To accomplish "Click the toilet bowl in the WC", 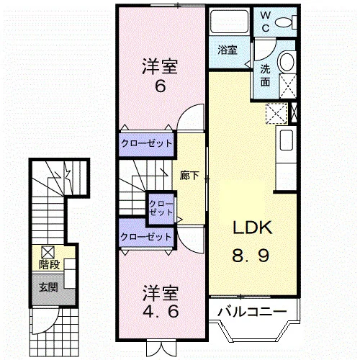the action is click(x=283, y=23).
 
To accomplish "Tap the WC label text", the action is click(x=266, y=22).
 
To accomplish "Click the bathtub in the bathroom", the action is click(x=230, y=22).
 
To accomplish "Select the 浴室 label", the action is click(x=228, y=50).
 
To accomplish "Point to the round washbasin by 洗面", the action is click(x=286, y=61).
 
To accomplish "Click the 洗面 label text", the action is click(x=266, y=76).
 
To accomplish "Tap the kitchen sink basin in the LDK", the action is click(x=287, y=140).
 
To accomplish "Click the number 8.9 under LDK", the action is click(x=251, y=256).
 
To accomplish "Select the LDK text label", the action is click(x=253, y=228).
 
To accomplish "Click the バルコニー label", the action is click(x=252, y=312).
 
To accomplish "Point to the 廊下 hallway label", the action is click(x=189, y=176).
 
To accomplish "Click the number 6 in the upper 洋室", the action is click(x=161, y=86).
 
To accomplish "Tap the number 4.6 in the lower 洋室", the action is click(x=161, y=311).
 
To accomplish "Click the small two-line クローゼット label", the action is click(x=161, y=208).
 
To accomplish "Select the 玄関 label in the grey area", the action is click(x=49, y=287).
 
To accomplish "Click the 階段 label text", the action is click(x=49, y=264).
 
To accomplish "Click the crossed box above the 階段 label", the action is click(x=48, y=253).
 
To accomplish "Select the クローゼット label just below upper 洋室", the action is click(x=146, y=143).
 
